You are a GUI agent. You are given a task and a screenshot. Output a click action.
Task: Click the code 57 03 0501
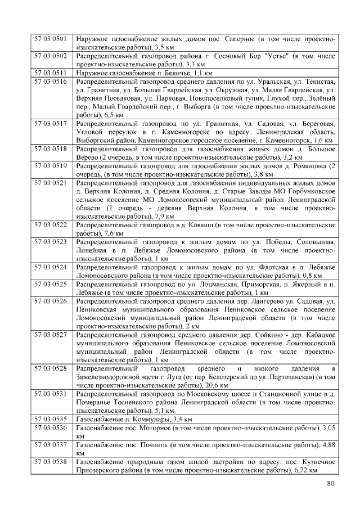point(51,39)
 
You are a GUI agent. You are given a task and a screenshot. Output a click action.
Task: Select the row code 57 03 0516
point(51,82)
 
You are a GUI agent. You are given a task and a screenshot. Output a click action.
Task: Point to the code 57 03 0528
point(51,368)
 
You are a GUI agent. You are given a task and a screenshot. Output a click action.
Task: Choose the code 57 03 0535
point(51,419)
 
